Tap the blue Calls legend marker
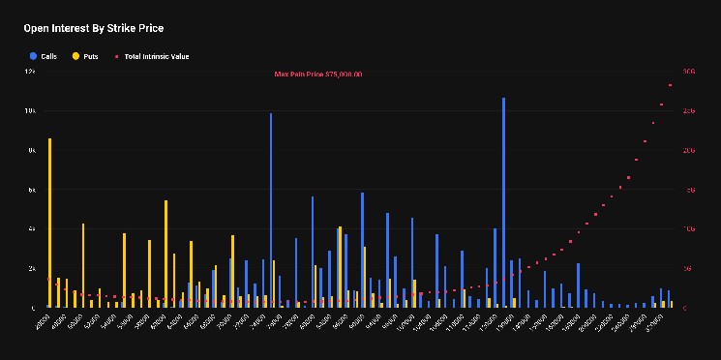33,56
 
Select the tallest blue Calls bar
503,203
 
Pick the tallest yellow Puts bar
49,223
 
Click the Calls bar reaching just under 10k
271,210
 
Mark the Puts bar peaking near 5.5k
165,254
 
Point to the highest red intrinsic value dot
670,85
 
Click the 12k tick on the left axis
30,72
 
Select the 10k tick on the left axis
30,111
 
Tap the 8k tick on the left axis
31,150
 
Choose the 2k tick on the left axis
31,268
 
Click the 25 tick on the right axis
689,111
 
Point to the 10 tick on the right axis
689,229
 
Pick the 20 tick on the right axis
689,150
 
